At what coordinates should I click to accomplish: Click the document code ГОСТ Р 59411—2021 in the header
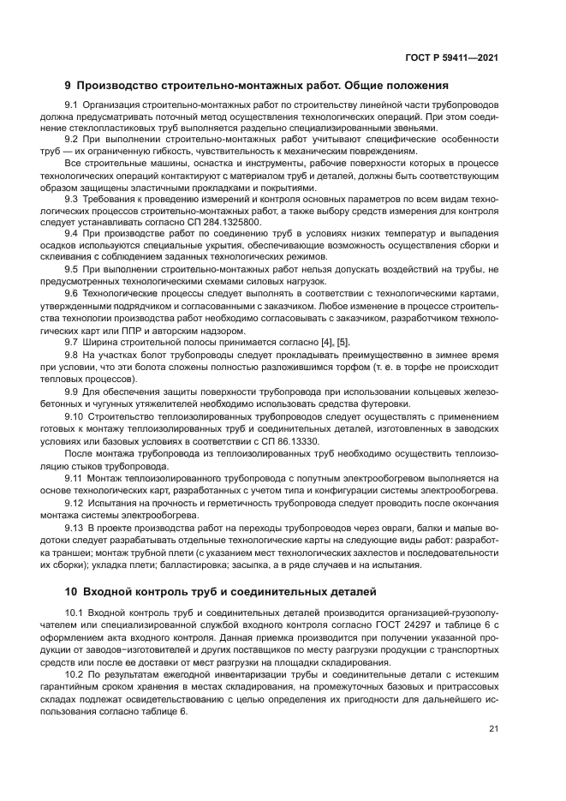tap(453, 57)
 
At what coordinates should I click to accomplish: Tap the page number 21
tap(493, 729)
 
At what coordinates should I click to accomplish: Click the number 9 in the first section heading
tap(69, 86)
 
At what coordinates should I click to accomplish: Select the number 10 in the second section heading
tap(72, 592)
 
